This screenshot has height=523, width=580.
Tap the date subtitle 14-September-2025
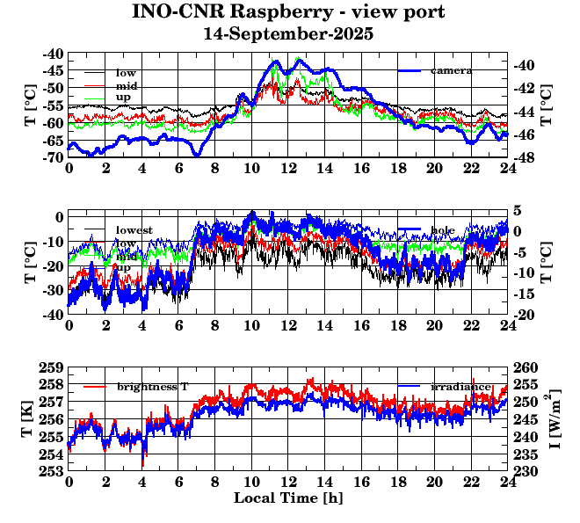coord(289,34)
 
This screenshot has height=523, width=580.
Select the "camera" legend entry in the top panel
coord(451,70)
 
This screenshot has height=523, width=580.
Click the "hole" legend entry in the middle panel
coord(443,230)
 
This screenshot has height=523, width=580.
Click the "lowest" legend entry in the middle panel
coord(134,230)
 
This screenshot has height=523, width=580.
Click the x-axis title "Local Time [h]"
coord(288,498)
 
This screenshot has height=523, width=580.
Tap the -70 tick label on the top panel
coord(53,157)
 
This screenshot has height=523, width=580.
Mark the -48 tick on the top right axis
coord(525,157)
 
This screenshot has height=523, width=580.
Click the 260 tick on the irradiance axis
coord(526,367)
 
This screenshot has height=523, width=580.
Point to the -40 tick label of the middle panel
coord(53,314)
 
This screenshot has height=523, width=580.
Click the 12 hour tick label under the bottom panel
coord(288,482)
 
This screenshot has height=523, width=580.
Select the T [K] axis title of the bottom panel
coord(30,419)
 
